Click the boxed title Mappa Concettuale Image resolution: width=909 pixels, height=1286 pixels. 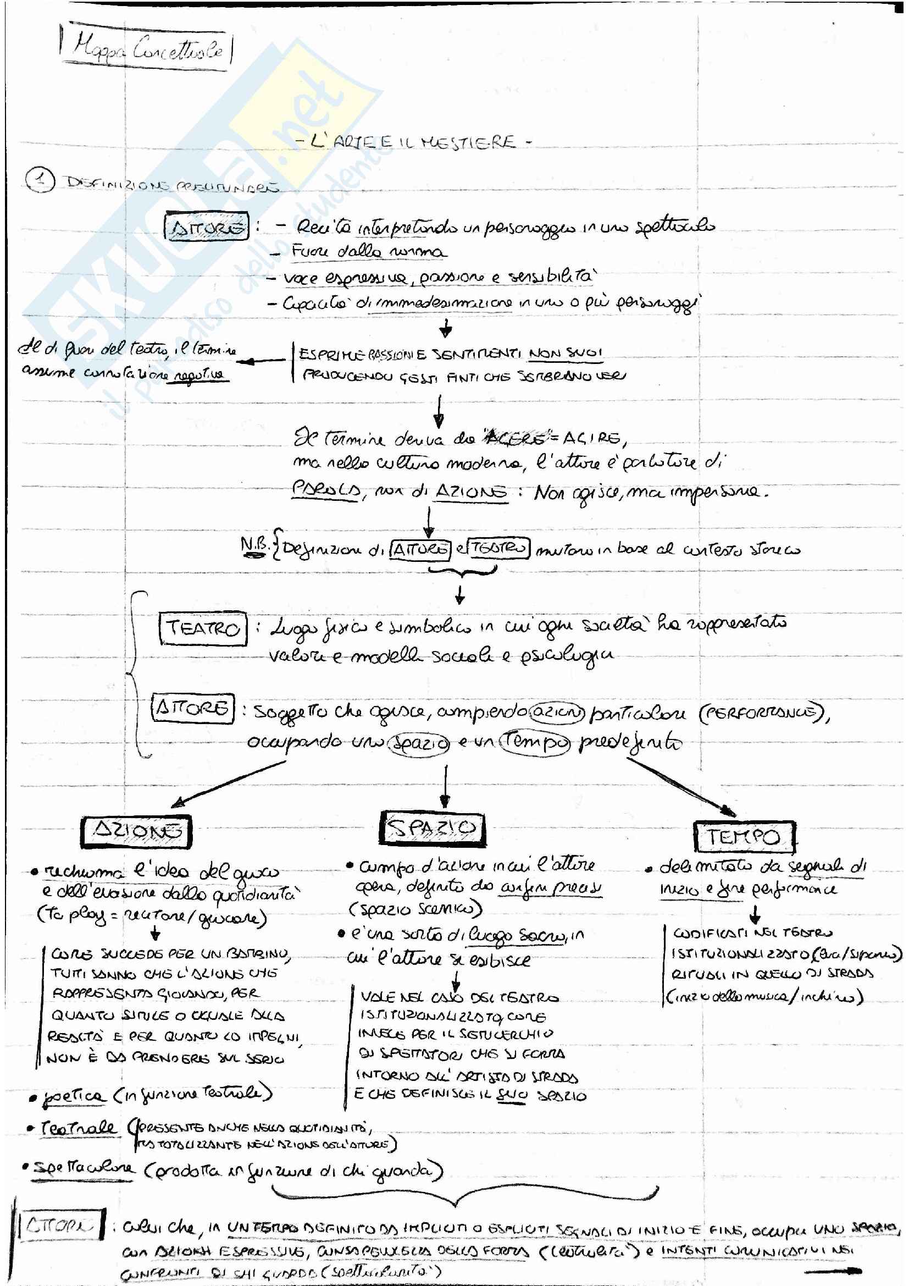tap(147, 48)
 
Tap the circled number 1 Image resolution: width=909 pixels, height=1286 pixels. tap(40, 181)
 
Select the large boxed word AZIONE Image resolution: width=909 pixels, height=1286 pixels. tap(136, 831)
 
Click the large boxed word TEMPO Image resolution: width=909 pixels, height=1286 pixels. tap(744, 837)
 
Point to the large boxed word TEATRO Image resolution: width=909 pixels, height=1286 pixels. tap(203, 628)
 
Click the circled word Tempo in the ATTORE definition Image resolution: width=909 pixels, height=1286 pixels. tap(535, 742)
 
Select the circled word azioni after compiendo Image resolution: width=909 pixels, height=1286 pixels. tap(557, 712)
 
